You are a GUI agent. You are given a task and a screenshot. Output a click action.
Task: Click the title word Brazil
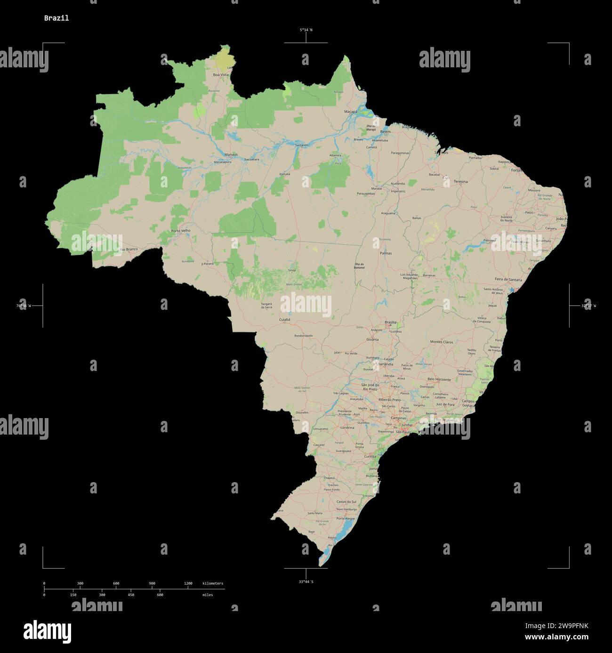(x=56, y=18)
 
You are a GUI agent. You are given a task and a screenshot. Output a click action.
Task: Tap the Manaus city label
(x=231, y=154)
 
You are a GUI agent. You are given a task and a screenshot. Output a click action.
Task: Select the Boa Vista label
(x=220, y=75)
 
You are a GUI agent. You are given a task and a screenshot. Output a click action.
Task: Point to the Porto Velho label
(x=181, y=231)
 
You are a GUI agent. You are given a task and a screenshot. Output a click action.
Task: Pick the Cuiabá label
(x=285, y=319)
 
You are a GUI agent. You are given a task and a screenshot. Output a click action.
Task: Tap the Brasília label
(x=390, y=322)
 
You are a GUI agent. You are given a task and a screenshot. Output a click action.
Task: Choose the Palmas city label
(x=386, y=253)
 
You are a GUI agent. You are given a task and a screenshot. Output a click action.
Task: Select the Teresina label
(x=460, y=181)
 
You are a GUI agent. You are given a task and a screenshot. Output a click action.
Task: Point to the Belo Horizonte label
(x=439, y=379)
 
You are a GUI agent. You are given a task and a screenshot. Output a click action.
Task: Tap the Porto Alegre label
(x=346, y=518)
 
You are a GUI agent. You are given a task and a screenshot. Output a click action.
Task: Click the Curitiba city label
(x=370, y=456)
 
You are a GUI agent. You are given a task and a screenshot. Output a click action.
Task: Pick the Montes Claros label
(x=442, y=342)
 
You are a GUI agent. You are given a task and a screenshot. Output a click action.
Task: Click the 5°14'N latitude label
(x=306, y=30)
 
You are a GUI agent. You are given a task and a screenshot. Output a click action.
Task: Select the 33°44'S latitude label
(x=306, y=582)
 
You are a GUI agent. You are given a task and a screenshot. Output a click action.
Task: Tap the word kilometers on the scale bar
(x=213, y=583)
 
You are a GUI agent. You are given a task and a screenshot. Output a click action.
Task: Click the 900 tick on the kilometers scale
(x=152, y=583)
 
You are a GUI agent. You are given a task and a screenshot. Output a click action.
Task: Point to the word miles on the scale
(x=208, y=595)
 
